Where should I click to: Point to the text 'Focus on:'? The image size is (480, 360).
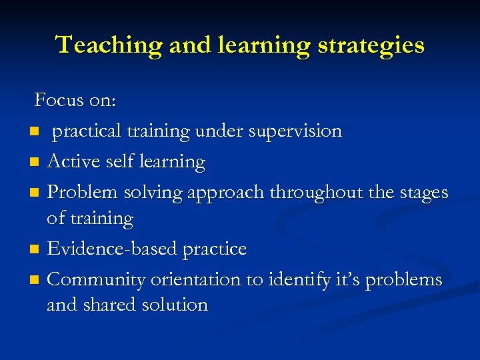(x=75, y=100)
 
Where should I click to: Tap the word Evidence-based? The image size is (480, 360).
(x=104, y=249)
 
